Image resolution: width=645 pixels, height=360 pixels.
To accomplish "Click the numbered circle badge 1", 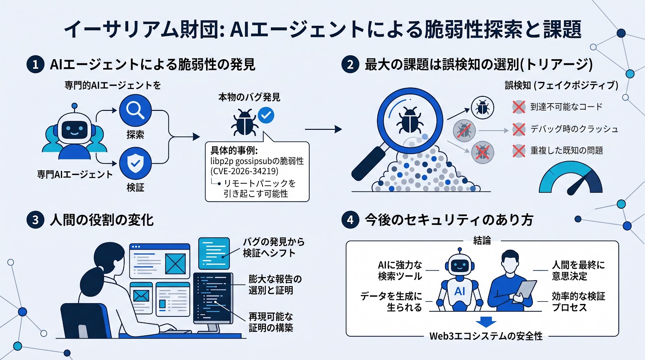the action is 35,64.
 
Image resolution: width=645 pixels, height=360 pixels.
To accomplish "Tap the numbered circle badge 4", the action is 350,220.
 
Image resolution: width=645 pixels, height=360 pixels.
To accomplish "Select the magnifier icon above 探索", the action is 135,110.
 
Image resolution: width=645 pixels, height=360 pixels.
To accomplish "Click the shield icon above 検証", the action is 135,163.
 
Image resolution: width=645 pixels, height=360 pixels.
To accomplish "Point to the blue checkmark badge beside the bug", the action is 266,115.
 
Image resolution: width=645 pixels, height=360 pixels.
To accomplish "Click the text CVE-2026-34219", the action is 244,171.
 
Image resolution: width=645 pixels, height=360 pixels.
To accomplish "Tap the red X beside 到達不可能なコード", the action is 518,107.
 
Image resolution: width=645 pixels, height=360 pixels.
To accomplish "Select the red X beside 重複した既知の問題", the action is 518,151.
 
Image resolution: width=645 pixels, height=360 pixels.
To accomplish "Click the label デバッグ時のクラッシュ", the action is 574,129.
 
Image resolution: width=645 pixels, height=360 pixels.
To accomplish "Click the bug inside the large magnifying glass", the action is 410,119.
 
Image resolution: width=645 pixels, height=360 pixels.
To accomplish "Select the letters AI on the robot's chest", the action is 460,291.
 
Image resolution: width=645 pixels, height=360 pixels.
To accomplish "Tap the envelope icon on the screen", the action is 141,296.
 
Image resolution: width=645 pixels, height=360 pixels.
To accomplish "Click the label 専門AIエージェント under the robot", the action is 75,175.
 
